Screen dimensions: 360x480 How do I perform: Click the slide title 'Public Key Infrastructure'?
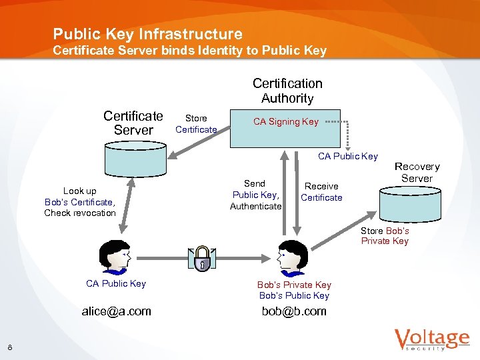click(x=147, y=33)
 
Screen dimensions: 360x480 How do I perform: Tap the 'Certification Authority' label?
click(x=287, y=91)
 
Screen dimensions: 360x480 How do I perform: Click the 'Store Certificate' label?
click(x=196, y=123)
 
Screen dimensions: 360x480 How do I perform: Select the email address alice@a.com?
click(x=117, y=311)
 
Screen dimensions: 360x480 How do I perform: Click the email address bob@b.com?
click(x=294, y=311)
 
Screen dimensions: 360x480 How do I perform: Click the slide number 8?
click(x=10, y=346)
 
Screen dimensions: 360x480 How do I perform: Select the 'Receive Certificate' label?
click(x=321, y=192)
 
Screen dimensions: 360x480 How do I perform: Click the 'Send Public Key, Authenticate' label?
click(x=255, y=195)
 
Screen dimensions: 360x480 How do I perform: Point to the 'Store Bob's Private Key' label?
click(x=385, y=236)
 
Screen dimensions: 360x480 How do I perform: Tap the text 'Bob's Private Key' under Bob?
click(x=294, y=285)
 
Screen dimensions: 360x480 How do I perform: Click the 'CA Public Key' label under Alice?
click(x=116, y=283)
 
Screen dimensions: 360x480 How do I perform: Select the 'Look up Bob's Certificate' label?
click(x=80, y=202)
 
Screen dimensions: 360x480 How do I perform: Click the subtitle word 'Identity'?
click(x=223, y=51)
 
